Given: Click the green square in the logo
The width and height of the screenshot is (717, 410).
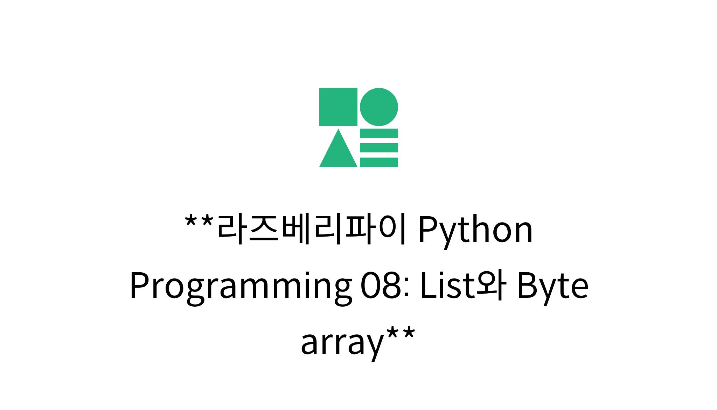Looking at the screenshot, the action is click(x=338, y=107).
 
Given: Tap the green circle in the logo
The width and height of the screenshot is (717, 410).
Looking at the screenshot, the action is click(x=379, y=107).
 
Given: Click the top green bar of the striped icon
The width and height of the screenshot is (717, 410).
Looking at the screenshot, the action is click(x=379, y=133).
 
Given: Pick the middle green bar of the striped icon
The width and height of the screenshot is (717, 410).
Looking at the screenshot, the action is click(x=379, y=148).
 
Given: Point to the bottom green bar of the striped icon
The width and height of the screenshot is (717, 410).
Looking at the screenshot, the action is click(x=379, y=162).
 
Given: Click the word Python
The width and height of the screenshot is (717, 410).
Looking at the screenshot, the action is click(x=475, y=231).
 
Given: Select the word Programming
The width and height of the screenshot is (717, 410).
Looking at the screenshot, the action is click(x=241, y=287).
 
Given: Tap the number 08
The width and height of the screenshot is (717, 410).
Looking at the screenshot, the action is click(x=381, y=285).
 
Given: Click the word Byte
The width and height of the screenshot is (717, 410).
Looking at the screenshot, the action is click(x=552, y=287).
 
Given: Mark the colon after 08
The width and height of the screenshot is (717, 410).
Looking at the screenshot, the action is click(x=406, y=289).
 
